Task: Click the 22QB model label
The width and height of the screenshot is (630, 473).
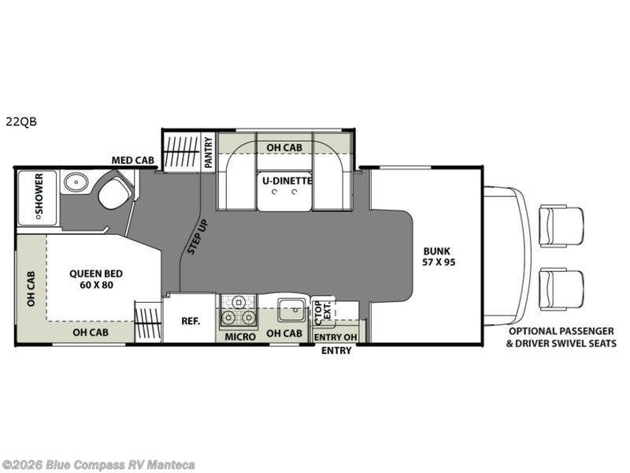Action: [x=21, y=121]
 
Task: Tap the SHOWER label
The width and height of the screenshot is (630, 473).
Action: [x=39, y=194]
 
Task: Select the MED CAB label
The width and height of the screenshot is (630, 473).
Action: [x=133, y=160]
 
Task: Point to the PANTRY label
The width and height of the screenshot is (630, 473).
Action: [x=208, y=152]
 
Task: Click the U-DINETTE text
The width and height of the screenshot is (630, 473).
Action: [x=287, y=181]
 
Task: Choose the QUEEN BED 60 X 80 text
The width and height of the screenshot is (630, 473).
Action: [x=96, y=279]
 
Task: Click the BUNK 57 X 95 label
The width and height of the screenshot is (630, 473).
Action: [x=439, y=257]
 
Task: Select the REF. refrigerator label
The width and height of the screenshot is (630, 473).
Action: [x=191, y=321]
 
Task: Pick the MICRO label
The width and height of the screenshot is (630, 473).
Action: [x=240, y=337]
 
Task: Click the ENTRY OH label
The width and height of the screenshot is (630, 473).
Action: [x=335, y=337]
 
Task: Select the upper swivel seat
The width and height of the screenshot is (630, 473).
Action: [x=561, y=225]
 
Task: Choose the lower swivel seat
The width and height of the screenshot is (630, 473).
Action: [x=561, y=290]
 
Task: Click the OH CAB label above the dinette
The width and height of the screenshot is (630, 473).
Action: [x=284, y=147]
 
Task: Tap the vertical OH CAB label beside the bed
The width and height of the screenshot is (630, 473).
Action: [x=31, y=289]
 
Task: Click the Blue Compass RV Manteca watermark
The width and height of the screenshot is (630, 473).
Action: [x=98, y=465]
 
